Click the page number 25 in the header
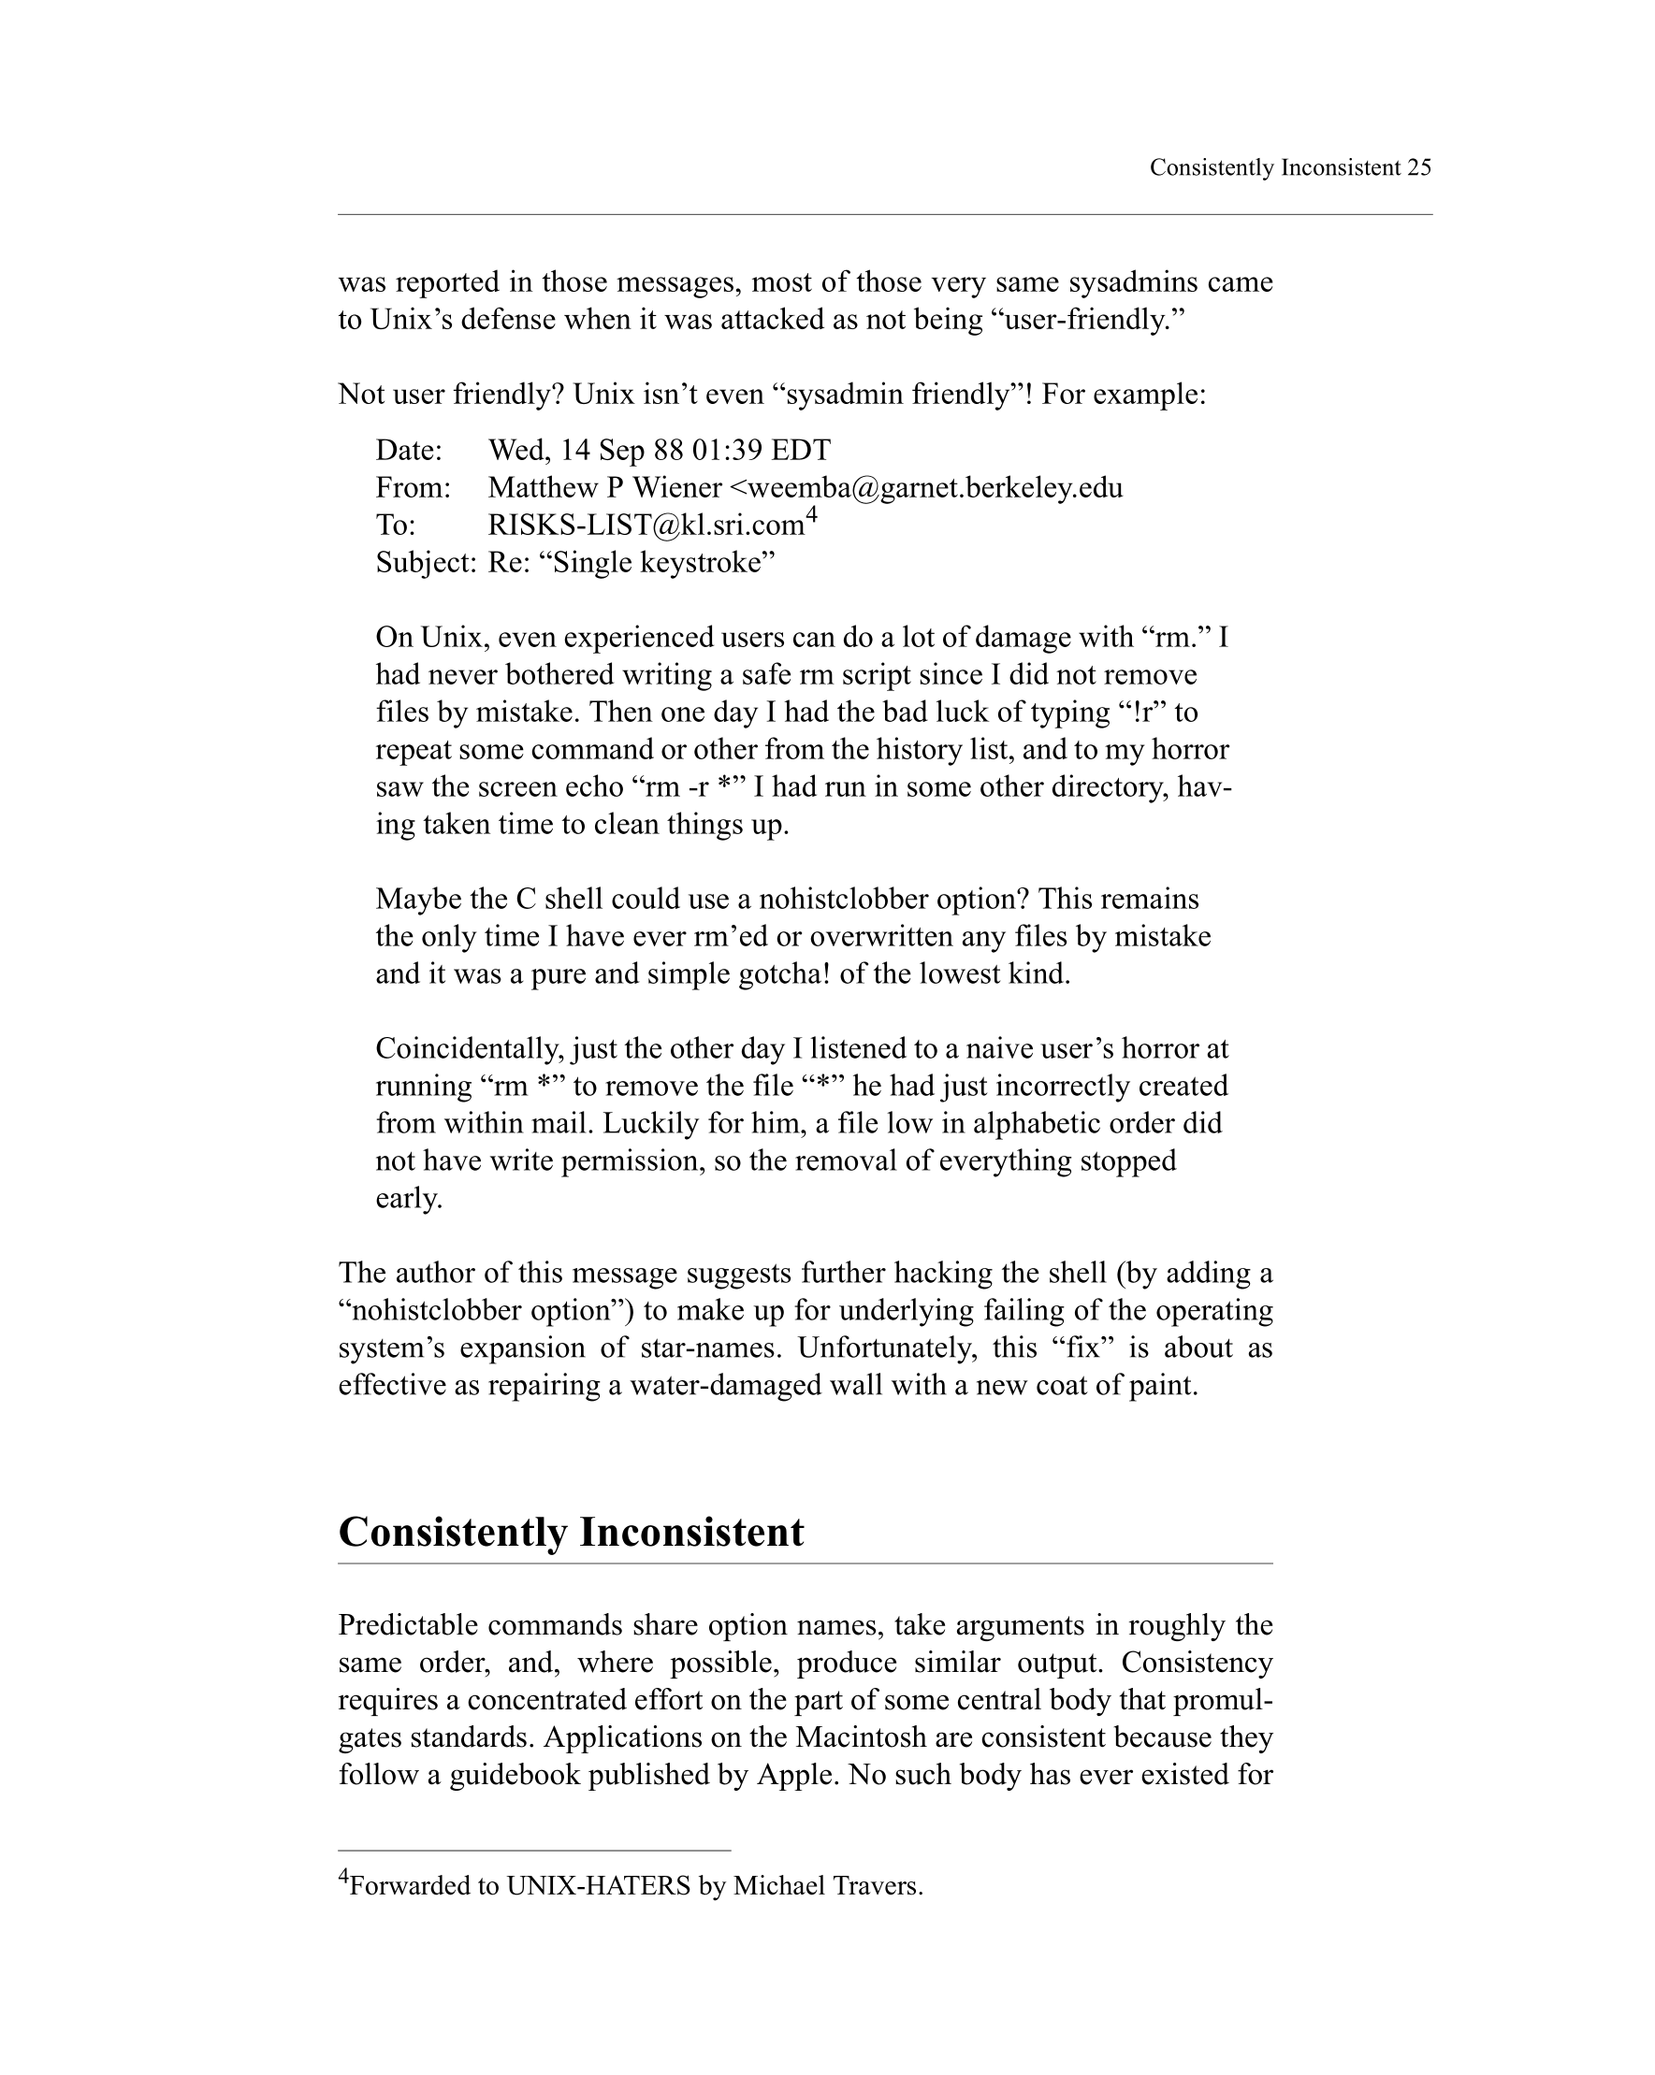pos(1418,167)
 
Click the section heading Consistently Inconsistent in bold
pos(571,1533)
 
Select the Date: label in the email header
pos(409,451)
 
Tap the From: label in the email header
pos(413,488)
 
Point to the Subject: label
pos(426,563)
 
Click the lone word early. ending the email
pos(409,1198)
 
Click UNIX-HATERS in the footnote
pos(598,1885)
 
